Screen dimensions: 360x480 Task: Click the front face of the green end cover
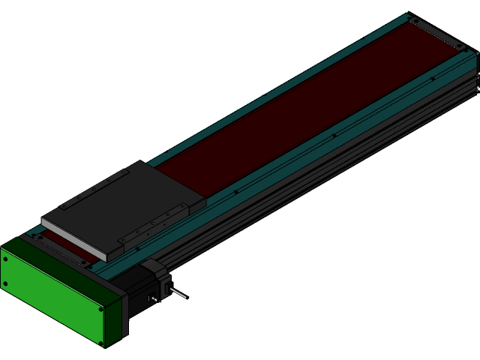pyautogui.click(x=52, y=296)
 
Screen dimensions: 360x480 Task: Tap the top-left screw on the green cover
pyautogui.click(x=6, y=259)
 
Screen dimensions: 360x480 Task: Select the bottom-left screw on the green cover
pyautogui.click(x=6, y=283)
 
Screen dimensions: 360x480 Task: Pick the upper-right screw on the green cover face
pyautogui.click(x=101, y=307)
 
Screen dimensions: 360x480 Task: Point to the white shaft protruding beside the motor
pyautogui.click(x=178, y=292)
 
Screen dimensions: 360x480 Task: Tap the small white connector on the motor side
pyautogui.click(x=154, y=299)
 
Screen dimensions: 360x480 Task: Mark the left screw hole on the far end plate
pyautogui.click(x=413, y=20)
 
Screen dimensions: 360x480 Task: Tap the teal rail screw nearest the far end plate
pyautogui.click(x=432, y=79)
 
